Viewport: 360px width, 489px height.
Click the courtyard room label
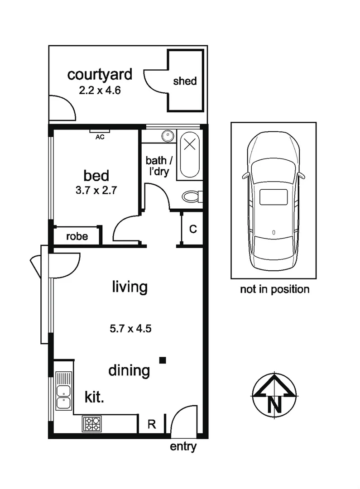(100, 74)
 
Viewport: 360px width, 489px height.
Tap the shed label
(185, 81)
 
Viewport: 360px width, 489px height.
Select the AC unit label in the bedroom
(100, 137)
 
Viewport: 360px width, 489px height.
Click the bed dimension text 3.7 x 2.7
(96, 190)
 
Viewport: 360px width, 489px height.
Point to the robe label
(77, 236)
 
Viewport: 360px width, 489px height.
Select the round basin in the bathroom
(168, 135)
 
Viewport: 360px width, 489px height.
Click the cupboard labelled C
(192, 229)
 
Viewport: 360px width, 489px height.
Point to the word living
(130, 287)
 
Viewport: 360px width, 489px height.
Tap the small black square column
(163, 360)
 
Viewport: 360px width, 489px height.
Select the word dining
(129, 371)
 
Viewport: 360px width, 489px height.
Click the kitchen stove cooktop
(92, 424)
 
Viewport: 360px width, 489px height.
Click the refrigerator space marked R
(152, 425)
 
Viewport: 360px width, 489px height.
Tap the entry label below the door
(183, 447)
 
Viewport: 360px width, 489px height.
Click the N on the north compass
(274, 403)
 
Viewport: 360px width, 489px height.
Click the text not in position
(274, 289)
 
